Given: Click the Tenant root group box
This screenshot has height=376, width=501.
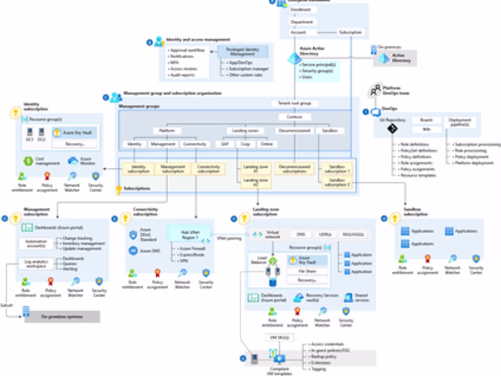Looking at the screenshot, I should coord(291,103).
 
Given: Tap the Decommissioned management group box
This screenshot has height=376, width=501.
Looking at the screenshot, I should coord(294,131).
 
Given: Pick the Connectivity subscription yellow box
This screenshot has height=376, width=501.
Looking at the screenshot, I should coord(209,169).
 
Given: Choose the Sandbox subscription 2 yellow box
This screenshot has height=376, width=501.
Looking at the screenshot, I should coord(336,182).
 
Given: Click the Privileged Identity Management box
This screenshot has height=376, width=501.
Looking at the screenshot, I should coord(243,52).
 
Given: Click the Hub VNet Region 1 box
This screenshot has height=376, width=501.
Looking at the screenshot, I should coord(189,234).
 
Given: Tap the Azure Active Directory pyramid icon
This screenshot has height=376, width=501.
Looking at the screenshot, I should coord(294,58).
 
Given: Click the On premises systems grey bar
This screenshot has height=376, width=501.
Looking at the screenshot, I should coord(62,316).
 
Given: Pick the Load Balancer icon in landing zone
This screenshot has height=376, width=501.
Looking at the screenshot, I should coord(272,262).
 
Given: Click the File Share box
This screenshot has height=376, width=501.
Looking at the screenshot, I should coord(307,272).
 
